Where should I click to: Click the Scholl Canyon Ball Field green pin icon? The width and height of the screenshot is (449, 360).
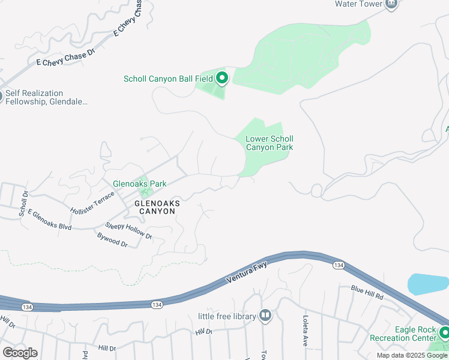click(x=222, y=78)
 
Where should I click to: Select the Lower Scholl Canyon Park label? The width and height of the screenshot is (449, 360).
click(x=270, y=143)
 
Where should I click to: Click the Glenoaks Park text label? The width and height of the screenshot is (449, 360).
click(x=139, y=184)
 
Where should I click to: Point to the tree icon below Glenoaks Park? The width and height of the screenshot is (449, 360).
click(x=144, y=192)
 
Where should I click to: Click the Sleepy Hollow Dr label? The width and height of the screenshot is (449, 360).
click(x=128, y=231)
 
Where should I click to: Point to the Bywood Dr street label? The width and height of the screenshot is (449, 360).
click(x=113, y=240)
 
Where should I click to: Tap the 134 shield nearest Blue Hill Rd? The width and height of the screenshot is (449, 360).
click(x=339, y=265)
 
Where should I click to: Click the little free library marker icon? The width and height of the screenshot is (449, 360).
click(x=265, y=316)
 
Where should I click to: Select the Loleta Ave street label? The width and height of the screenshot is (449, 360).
click(x=306, y=325)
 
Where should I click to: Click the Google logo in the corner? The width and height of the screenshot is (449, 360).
click(x=20, y=352)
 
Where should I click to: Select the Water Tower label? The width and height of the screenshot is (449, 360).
click(x=358, y=4)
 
